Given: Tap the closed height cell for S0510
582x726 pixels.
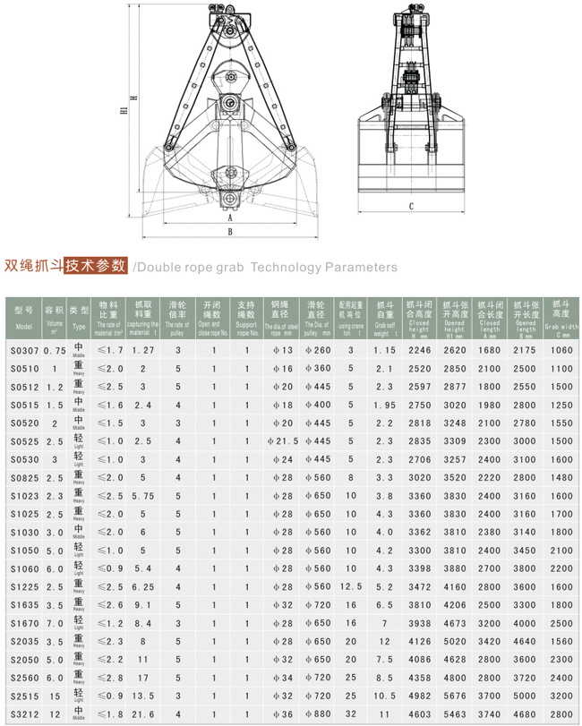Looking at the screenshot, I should tap(419, 368).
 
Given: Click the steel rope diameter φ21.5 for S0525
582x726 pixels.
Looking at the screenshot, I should tap(282, 440).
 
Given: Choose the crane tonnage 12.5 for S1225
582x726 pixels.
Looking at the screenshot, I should tap(350, 585).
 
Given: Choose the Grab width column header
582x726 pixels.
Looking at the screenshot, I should tap(561, 316).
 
